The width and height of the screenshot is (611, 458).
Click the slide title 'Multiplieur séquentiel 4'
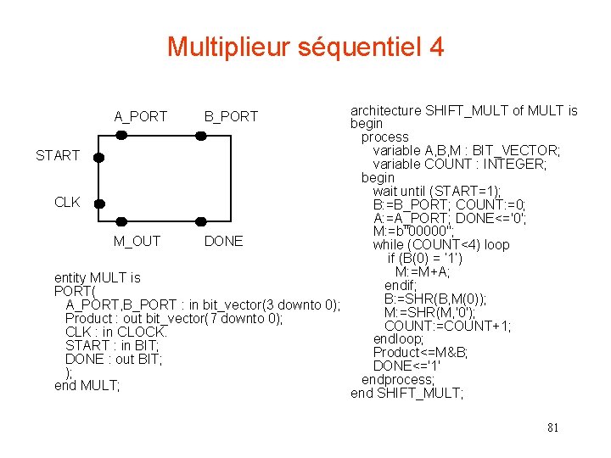(x=305, y=47)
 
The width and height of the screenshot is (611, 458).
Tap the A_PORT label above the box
(x=141, y=116)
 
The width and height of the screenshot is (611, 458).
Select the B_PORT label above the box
(x=231, y=116)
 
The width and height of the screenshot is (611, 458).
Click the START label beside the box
(x=58, y=155)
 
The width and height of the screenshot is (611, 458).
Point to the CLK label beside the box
(x=67, y=202)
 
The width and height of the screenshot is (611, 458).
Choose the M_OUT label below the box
(x=137, y=241)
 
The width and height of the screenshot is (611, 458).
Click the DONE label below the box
(x=224, y=241)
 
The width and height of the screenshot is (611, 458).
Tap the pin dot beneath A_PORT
(x=121, y=135)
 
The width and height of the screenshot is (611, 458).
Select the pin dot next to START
(x=99, y=157)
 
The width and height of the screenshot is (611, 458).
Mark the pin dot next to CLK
(x=99, y=204)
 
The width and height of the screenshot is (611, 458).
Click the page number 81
(x=552, y=427)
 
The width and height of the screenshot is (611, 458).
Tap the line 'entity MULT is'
(x=97, y=277)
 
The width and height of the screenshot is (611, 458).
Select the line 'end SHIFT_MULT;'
(x=406, y=393)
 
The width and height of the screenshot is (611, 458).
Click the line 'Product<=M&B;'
(x=420, y=352)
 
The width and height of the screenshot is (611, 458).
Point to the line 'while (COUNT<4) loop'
(x=440, y=244)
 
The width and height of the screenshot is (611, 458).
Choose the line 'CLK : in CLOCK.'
(x=116, y=332)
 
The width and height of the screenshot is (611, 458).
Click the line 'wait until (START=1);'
(x=436, y=191)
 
